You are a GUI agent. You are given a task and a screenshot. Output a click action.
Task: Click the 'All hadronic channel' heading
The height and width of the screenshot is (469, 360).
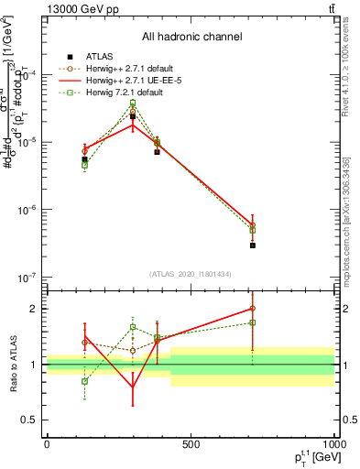pyautogui.click(x=191, y=37)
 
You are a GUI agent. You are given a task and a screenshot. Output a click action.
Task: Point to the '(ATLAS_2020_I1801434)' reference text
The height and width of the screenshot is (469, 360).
pyautogui.click(x=191, y=274)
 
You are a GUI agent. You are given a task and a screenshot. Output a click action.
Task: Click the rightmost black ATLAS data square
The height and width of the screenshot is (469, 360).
pyautogui.click(x=252, y=245)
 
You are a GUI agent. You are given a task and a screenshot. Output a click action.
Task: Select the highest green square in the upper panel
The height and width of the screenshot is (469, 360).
pyautogui.click(x=133, y=103)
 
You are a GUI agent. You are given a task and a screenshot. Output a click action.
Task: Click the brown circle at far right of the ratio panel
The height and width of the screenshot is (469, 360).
pyautogui.click(x=252, y=309)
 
